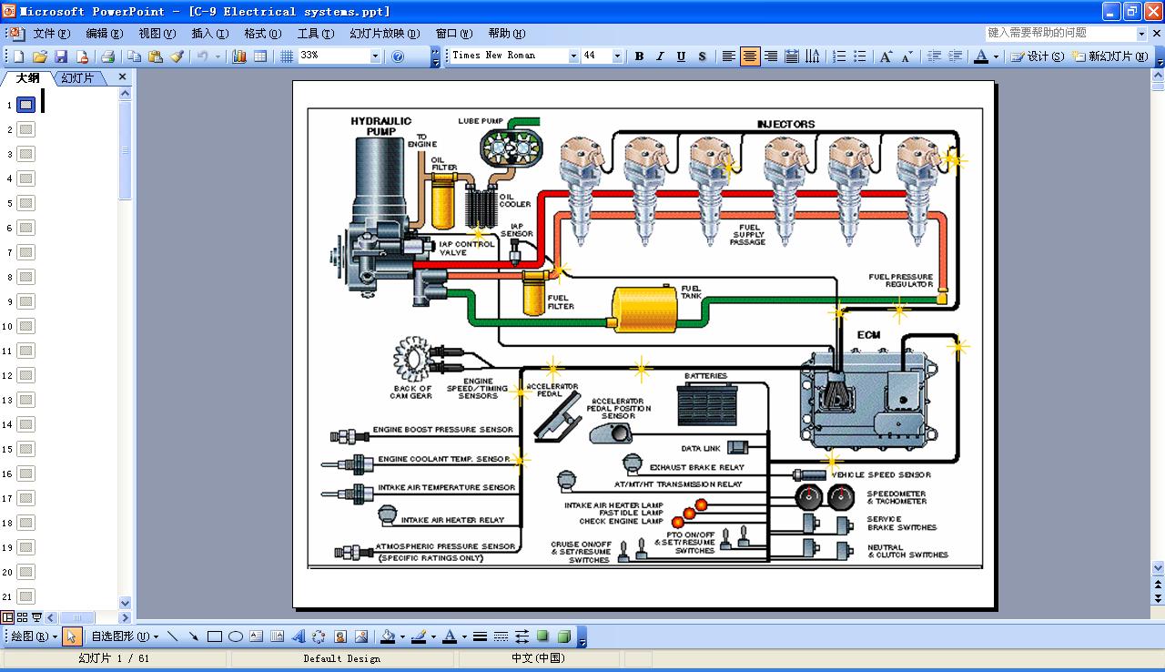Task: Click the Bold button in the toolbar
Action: tap(639, 56)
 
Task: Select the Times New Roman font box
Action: tap(510, 56)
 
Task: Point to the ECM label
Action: tap(868, 335)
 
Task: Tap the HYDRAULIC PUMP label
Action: tap(381, 126)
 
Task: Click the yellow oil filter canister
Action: tap(442, 204)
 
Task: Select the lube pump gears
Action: tap(510, 147)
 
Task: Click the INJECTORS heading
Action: tap(785, 124)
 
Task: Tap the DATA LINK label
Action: tap(701, 448)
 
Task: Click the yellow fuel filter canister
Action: tap(533, 293)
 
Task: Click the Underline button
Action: tap(681, 56)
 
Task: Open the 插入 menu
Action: tap(209, 34)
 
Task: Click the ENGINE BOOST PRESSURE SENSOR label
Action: tap(442, 430)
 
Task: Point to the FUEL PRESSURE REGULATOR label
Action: tap(900, 280)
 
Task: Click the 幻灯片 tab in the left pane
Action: tap(77, 78)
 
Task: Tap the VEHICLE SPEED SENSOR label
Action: tap(880, 475)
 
